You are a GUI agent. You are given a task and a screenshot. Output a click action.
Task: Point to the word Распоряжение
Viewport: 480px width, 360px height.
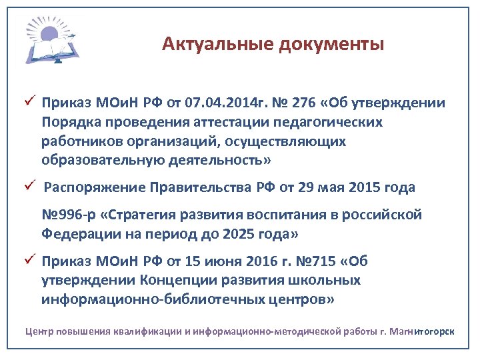[x=91, y=188]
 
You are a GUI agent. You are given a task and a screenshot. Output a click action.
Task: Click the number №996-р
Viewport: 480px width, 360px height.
[x=68, y=215]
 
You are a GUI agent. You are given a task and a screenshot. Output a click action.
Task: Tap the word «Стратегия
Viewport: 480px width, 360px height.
[x=147, y=215]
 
